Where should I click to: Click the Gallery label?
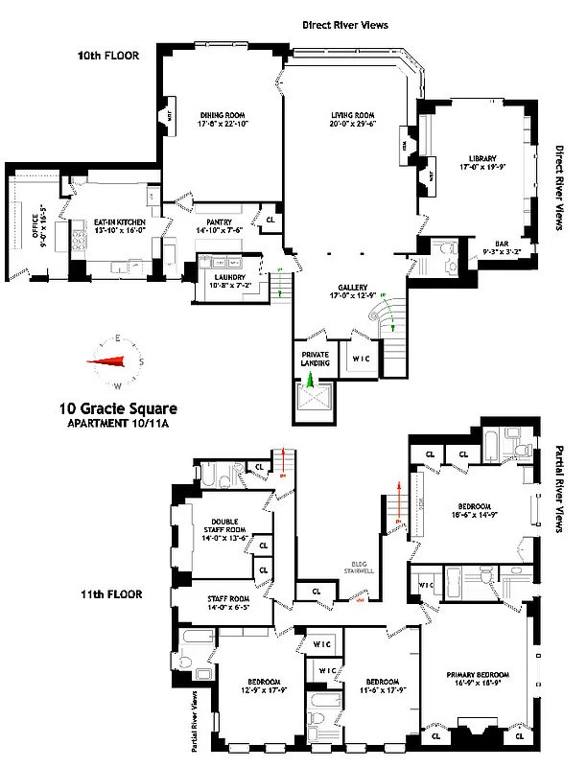[353, 288]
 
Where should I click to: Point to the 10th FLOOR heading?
[108, 56]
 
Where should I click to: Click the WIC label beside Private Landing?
[362, 359]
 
